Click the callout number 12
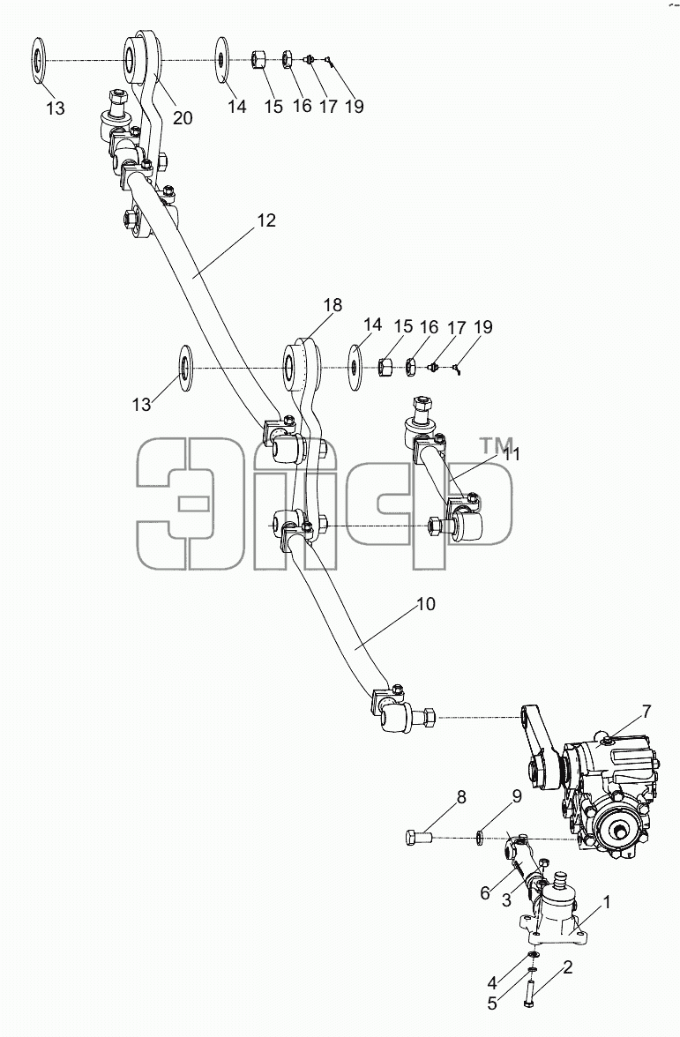click(266, 220)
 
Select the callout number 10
click(426, 604)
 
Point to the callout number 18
click(333, 305)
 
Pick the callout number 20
click(183, 118)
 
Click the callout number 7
click(646, 712)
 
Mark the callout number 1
click(607, 901)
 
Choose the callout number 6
click(485, 893)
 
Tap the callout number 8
click(461, 797)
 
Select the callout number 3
click(505, 899)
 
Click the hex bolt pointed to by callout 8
click(417, 838)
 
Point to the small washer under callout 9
click(480, 839)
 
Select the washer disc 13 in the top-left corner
click(39, 61)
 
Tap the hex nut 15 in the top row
click(258, 61)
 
